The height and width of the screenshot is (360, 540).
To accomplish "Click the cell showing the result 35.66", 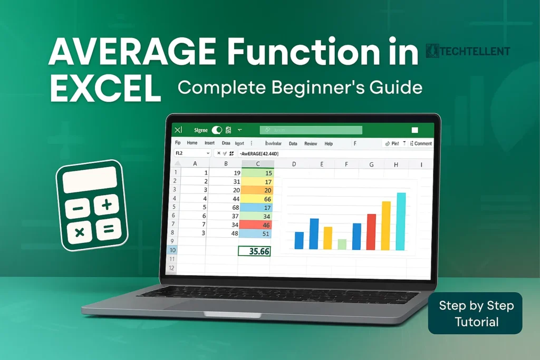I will coord(254,251).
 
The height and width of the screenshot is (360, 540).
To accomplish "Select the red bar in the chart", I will coord(371,232).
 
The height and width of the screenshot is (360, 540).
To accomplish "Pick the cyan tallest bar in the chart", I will coord(401,221).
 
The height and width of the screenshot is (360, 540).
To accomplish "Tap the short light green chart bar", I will coord(342,244).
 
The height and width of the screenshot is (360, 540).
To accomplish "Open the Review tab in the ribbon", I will coord(311,143).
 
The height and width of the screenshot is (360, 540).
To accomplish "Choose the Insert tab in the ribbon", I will coord(209,143).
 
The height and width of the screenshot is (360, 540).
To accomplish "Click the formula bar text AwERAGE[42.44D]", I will coord(259,153).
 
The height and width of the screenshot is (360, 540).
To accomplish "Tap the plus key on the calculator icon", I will coord(107,205).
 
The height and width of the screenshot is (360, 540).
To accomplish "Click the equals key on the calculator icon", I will coord(108,229).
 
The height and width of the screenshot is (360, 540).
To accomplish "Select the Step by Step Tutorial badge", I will coord(475,313).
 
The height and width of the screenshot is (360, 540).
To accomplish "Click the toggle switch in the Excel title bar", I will coord(216,130).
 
